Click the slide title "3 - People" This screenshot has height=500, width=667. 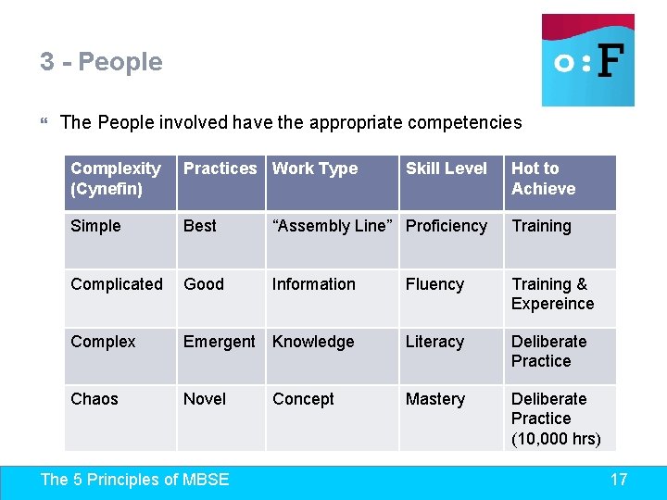point(101,62)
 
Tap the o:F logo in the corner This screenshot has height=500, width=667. point(588,60)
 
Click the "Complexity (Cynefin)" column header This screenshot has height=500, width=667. point(116,179)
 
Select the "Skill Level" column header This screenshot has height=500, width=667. point(446,169)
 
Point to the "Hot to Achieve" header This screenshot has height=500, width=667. point(543,179)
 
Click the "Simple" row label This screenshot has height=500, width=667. point(95,226)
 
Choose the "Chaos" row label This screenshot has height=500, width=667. point(94,399)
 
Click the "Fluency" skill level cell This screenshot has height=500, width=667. point(434,284)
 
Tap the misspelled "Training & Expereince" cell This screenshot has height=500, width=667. point(552,294)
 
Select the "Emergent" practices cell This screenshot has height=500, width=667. point(219,342)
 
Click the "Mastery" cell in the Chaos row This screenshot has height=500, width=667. point(434,399)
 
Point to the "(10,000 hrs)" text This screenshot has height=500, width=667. point(556,438)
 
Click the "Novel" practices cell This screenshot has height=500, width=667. point(205,399)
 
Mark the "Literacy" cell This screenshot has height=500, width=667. point(434,342)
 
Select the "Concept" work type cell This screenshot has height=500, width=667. point(303,399)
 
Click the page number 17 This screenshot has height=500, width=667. point(619,480)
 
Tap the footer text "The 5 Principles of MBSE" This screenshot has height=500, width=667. point(135,480)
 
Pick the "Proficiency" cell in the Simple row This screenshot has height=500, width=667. point(446,226)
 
